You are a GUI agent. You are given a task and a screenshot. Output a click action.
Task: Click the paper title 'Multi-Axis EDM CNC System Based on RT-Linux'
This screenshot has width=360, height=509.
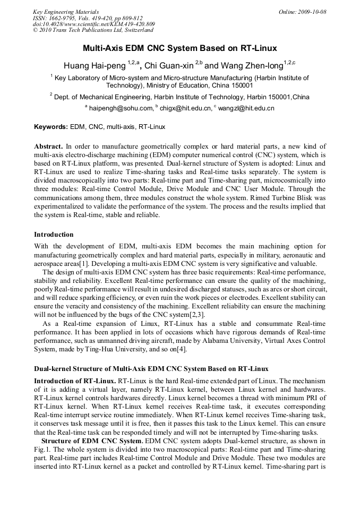179,48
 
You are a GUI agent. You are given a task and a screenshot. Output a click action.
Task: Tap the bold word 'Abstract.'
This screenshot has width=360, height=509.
49,146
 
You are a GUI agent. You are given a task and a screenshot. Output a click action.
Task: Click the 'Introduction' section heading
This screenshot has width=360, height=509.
54,234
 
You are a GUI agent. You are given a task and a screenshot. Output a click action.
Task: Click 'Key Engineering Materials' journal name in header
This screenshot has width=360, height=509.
66,12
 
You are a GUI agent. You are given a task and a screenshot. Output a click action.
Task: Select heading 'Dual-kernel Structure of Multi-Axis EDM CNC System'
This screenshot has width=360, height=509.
151,368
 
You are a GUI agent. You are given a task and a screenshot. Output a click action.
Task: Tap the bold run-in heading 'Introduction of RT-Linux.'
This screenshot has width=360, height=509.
75,381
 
